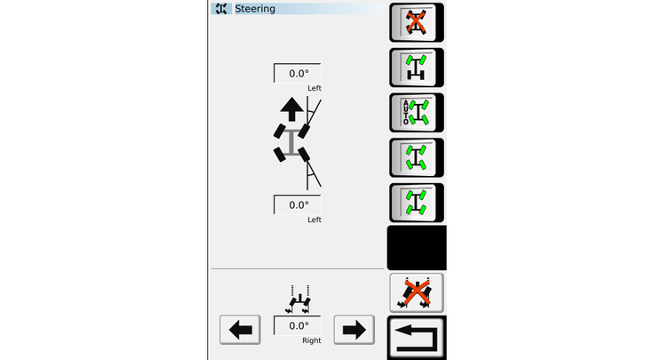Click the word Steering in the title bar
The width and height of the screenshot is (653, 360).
point(255,9)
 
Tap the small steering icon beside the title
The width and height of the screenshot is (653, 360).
point(221,9)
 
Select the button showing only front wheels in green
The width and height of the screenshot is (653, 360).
point(417,68)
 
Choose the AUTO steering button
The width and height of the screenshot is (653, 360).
point(417,113)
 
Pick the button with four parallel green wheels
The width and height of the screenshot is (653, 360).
point(417,203)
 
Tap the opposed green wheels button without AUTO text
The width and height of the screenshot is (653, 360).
point(417,157)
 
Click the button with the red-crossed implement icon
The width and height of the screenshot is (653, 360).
point(417,293)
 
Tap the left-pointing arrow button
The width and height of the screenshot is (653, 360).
point(240,330)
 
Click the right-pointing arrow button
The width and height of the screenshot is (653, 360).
point(354,330)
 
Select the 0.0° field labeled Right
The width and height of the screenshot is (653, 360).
point(298,325)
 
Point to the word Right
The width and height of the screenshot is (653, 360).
point(312,340)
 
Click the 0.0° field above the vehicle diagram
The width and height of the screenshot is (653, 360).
point(298,73)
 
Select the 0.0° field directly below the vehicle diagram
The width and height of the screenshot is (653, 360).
point(298,204)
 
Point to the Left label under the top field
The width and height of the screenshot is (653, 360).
point(315,88)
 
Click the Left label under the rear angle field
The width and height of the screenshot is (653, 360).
point(315,220)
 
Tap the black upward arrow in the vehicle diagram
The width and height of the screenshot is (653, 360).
point(291,109)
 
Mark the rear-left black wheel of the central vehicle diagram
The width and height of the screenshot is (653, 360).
point(280,155)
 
